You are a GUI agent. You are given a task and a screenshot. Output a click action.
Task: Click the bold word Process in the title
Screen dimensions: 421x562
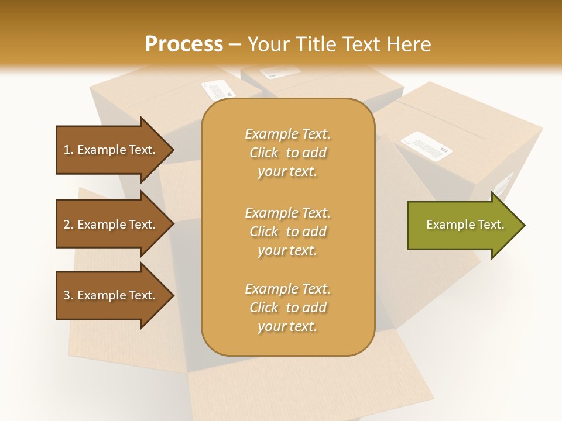[184, 44]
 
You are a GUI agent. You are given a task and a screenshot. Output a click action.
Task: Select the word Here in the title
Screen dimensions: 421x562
[409, 44]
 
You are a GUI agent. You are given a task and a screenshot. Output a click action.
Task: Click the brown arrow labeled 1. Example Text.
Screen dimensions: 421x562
[111, 150]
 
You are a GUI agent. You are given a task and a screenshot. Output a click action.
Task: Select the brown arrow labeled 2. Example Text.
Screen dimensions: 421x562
[111, 225]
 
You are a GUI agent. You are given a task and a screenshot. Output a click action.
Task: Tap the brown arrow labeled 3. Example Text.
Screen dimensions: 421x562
[111, 295]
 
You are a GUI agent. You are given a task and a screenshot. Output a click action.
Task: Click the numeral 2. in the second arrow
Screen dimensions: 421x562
[68, 225]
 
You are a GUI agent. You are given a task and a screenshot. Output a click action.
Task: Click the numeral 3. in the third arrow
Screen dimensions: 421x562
[68, 295]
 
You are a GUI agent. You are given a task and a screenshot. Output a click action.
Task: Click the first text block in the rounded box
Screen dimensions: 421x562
[287, 153]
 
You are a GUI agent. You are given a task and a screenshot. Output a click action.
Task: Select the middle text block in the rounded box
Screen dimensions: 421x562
[287, 232]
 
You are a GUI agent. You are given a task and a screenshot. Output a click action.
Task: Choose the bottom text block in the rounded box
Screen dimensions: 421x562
[287, 308]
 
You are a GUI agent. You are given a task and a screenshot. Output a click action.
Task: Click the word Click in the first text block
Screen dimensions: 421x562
[264, 153]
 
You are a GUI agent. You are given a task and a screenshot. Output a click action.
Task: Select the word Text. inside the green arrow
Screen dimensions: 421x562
[491, 225]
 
